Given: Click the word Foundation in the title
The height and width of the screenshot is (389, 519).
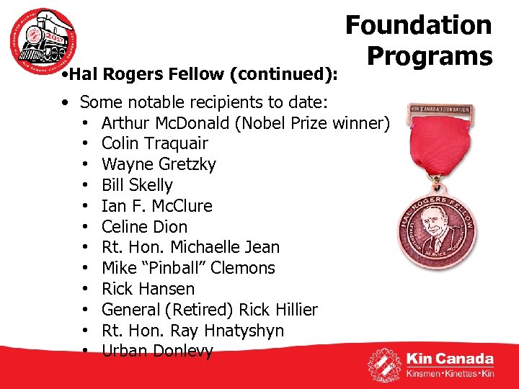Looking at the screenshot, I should coord(418,25).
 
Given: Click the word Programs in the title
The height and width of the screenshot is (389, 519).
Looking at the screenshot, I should coord(429,55).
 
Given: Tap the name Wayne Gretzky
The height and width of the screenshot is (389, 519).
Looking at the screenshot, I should coord(159,164).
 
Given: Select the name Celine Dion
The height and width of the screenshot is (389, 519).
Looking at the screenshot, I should coord(144,226).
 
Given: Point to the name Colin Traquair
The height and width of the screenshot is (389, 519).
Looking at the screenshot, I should coord(154,143).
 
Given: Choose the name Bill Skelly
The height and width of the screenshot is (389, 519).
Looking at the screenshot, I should coord(137,185).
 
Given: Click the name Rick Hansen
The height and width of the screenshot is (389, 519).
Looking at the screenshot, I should coord(148,289).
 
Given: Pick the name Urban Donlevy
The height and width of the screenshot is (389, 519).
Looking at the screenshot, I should coord(157,351).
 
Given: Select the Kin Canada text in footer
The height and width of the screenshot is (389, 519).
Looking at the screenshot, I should coord(450,359).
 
